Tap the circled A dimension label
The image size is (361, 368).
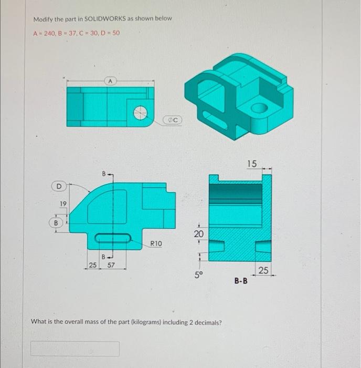110,81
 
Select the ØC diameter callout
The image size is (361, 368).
174,120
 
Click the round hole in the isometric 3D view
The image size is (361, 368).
259,109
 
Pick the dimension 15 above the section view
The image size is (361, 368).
252,163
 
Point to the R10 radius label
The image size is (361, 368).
156,243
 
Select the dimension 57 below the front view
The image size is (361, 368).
111,265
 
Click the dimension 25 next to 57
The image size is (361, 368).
92,265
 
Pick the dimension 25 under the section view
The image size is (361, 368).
263,270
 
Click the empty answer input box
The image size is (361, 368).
75,348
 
